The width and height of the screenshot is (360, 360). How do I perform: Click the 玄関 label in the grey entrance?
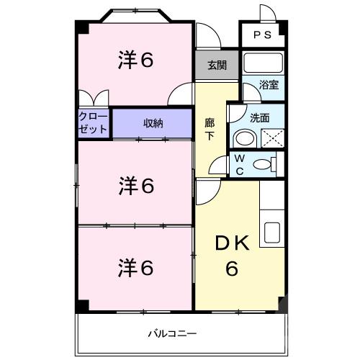click(x=217, y=65)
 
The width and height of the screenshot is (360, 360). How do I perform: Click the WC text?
click(x=240, y=163)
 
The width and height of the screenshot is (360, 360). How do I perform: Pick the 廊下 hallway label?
click(x=210, y=128)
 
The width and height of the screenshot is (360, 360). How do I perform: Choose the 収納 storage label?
click(x=152, y=123)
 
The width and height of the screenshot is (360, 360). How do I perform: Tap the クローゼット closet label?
click(x=93, y=123)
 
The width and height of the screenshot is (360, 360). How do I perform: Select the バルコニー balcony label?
click(x=172, y=333)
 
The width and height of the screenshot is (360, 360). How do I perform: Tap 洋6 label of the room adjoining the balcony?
click(x=135, y=268)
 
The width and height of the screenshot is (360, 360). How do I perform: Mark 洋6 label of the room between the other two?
click(x=135, y=186)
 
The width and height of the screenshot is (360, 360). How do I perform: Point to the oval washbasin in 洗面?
click(x=245, y=138)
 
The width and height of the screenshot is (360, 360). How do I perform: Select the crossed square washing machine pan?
click(x=270, y=136)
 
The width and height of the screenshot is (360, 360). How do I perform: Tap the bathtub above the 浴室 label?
click(x=263, y=62)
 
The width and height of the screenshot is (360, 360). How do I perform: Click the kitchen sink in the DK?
click(x=274, y=233)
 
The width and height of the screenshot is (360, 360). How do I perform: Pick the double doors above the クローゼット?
click(x=94, y=99)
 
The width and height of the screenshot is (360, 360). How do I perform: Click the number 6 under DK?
click(x=232, y=269)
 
